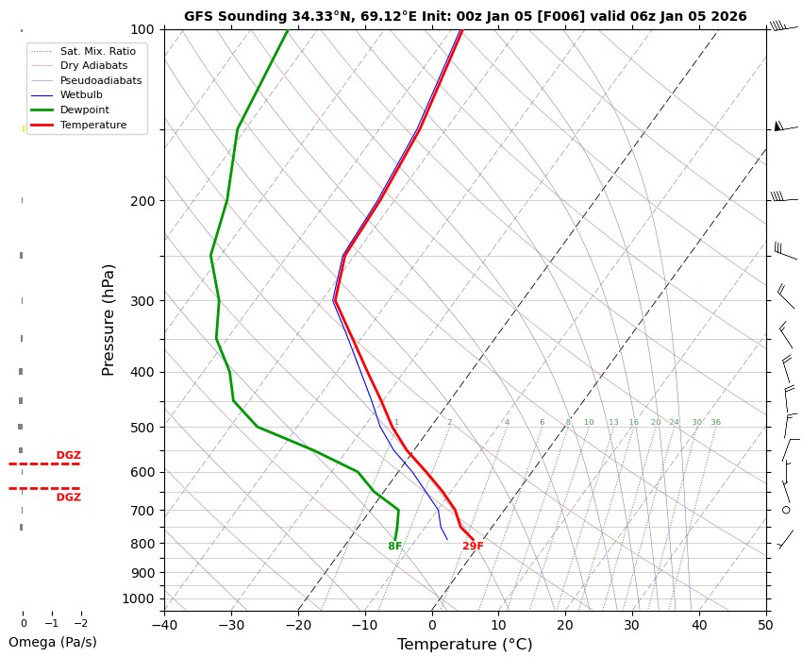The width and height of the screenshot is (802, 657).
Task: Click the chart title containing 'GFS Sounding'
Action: coord(465,16)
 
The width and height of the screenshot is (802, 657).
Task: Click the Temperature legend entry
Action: coord(92,125)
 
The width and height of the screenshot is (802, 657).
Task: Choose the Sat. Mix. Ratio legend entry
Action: coord(97,50)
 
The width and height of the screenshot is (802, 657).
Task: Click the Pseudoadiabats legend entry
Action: coord(100,80)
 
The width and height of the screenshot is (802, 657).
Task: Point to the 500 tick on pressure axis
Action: coord(143,428)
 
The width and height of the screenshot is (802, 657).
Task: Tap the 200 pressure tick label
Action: coord(143,201)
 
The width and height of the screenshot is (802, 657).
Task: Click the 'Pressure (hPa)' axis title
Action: coord(109,319)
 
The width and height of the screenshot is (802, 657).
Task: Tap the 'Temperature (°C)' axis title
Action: coord(464,644)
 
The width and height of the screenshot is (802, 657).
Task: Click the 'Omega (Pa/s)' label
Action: coord(52,642)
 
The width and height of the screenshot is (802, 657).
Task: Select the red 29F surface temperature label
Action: coord(473,547)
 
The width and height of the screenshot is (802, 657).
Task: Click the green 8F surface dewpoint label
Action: coord(395,547)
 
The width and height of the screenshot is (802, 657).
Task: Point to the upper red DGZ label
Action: coord(68,456)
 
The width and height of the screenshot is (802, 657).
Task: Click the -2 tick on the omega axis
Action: coord(80,623)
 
